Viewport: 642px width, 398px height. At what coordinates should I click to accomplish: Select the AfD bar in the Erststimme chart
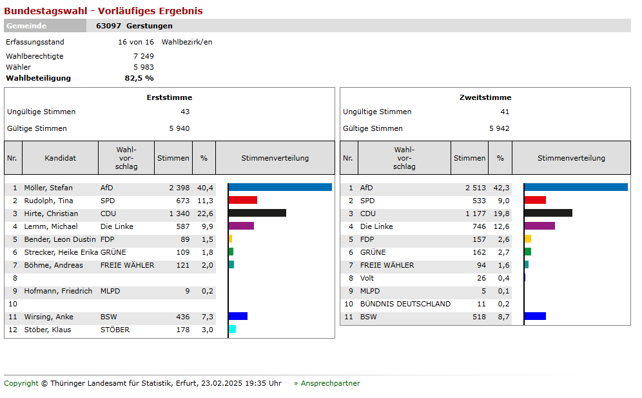pyautogui.click(x=280, y=188)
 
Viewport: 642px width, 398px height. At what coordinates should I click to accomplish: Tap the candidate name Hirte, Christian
pyautogui.click(x=51, y=214)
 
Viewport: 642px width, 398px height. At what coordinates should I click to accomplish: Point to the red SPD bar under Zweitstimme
pyautogui.click(x=535, y=201)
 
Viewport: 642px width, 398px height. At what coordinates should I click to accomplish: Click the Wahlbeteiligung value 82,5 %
pyautogui.click(x=139, y=78)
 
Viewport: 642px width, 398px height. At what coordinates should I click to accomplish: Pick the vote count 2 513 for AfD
pyautogui.click(x=476, y=188)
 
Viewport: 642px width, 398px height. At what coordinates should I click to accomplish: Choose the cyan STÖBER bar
pyautogui.click(x=232, y=330)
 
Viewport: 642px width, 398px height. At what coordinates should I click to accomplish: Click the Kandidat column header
pyautogui.click(x=60, y=158)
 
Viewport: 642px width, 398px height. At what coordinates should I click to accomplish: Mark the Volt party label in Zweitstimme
pyautogui.click(x=367, y=278)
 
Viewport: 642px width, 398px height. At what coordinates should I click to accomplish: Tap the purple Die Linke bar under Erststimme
pyautogui.click(x=241, y=226)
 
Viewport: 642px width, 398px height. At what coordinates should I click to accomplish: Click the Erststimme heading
pyautogui.click(x=170, y=97)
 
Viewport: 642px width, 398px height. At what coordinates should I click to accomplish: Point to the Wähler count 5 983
pyautogui.click(x=143, y=67)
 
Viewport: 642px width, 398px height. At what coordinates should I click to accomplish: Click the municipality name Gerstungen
pyautogui.click(x=150, y=26)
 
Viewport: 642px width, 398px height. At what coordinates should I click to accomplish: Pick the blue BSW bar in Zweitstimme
pyautogui.click(x=535, y=317)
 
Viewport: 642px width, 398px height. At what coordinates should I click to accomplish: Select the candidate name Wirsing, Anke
pyautogui.click(x=49, y=317)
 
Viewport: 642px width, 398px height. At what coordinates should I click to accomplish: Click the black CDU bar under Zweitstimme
pyautogui.click(x=548, y=214)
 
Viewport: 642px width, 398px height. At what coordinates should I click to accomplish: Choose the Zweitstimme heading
pyautogui.click(x=485, y=97)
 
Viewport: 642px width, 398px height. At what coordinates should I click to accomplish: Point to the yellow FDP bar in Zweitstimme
pyautogui.click(x=527, y=239)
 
